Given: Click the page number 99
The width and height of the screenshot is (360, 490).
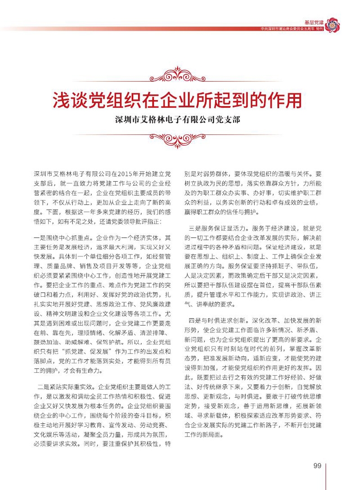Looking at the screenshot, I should point(317,465).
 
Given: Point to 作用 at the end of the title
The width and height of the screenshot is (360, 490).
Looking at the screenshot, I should point(286,100).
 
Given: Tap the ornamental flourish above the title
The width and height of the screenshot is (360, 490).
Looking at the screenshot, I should point(180,74).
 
